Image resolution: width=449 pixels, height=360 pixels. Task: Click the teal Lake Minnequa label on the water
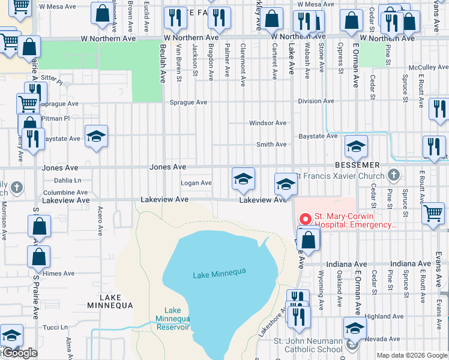220,273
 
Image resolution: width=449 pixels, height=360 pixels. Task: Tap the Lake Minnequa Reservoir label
173,319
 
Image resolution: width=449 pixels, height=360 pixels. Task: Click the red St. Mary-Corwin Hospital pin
306,218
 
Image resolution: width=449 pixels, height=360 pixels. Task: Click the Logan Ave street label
197,183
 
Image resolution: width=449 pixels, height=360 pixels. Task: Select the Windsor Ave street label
268,123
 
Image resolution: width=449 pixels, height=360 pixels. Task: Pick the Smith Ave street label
271,145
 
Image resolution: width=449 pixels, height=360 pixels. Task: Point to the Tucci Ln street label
55,328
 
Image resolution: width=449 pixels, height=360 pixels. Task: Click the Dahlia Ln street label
67,180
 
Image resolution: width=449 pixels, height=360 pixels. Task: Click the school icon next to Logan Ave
243,178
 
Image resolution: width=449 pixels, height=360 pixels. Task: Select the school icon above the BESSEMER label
356,146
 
